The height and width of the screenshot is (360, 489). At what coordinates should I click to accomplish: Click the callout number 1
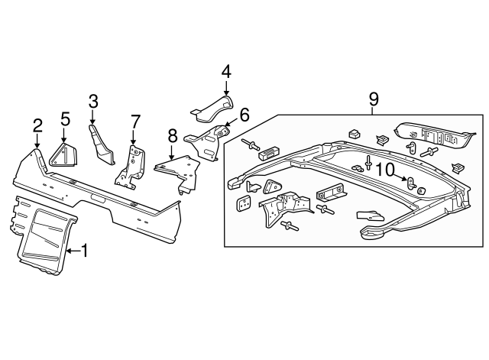click(85, 250)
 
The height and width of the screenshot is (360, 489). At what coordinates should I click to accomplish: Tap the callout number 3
click(93, 101)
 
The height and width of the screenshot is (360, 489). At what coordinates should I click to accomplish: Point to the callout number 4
click(226, 72)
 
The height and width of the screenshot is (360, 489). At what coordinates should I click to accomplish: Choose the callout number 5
click(65, 118)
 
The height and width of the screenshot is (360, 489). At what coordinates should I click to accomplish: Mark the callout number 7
click(135, 121)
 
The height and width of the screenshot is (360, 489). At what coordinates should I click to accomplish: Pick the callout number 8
click(172, 135)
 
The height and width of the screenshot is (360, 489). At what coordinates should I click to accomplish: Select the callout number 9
click(374, 98)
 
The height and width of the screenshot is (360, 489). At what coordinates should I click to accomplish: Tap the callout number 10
click(386, 168)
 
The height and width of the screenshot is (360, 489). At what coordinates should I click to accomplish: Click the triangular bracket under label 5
click(63, 154)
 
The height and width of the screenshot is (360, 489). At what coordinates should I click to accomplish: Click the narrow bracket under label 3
click(101, 145)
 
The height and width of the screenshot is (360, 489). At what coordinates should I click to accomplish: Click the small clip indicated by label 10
click(410, 183)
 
